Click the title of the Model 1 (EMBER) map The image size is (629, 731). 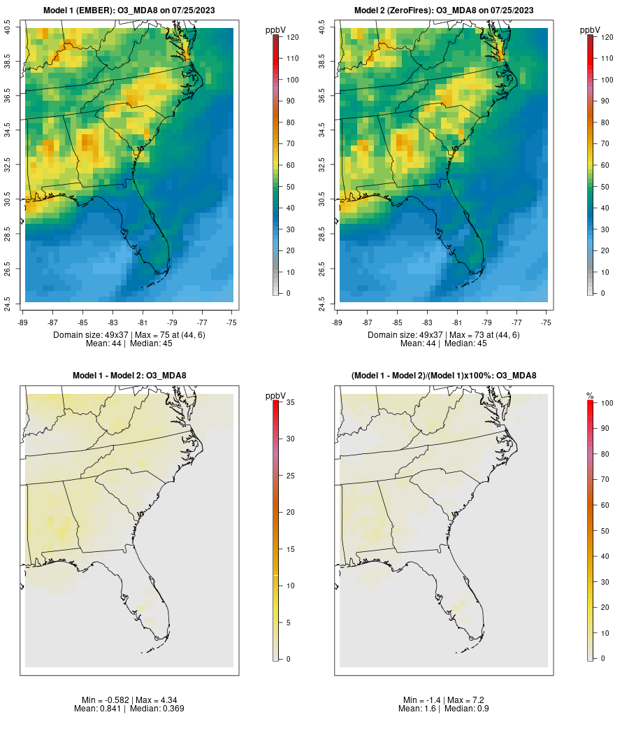129,10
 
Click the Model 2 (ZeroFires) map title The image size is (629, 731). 444,10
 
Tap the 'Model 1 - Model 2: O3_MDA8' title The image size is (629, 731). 129,376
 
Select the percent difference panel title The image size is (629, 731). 444,376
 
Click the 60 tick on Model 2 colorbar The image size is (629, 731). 602,165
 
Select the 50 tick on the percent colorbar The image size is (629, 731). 602,530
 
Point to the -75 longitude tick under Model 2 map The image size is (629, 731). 547,322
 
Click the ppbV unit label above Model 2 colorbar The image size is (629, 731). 591,30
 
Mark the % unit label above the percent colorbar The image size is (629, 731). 590,396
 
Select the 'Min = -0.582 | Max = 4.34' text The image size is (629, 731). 129,700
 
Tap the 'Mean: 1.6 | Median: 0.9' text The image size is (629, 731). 444,709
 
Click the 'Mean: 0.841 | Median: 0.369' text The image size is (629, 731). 129,709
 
